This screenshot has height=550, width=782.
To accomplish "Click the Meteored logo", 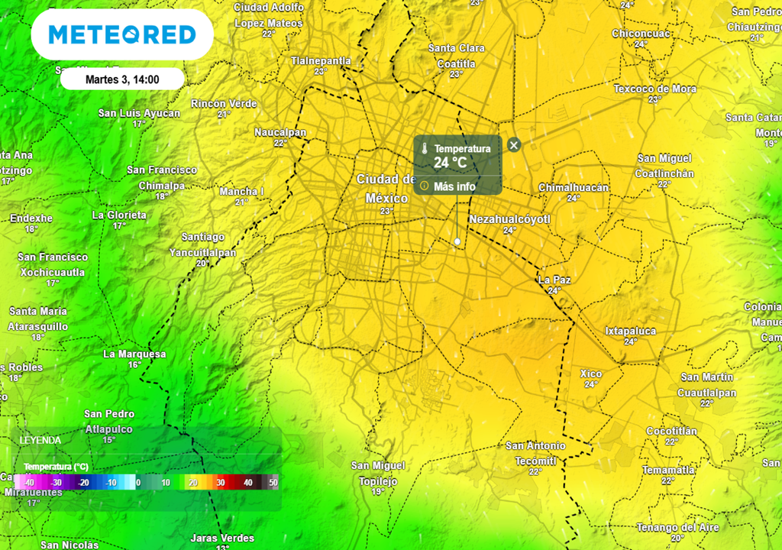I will [122, 34].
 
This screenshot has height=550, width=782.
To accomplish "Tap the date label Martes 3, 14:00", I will [122, 79].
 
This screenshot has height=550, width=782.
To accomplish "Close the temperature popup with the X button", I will [514, 144].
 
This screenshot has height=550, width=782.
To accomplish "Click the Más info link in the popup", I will [454, 186].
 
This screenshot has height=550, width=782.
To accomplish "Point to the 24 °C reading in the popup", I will [450, 163].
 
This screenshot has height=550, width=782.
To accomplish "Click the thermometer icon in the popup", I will [424, 148].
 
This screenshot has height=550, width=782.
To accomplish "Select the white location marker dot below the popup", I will [457, 241].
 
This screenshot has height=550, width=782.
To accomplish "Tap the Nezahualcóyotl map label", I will [510, 219].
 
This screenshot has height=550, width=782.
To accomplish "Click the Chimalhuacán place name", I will [574, 187].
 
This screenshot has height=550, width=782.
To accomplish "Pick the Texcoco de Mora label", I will [654, 89].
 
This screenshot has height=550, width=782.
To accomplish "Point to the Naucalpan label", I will [280, 132].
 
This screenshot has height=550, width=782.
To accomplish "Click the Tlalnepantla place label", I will [321, 60].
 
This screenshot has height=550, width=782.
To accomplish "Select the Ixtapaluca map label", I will [630, 331].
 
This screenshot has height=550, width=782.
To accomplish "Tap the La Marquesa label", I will [134, 354].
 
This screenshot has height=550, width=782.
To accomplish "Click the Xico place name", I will [591, 374].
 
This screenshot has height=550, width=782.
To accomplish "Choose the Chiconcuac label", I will [641, 34].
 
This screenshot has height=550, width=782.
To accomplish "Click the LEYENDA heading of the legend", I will [40, 440].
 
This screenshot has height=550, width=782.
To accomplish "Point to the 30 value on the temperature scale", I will [220, 483].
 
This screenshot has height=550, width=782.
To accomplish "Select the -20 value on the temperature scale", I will [82, 483].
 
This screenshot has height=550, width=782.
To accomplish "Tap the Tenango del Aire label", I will [677, 527].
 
